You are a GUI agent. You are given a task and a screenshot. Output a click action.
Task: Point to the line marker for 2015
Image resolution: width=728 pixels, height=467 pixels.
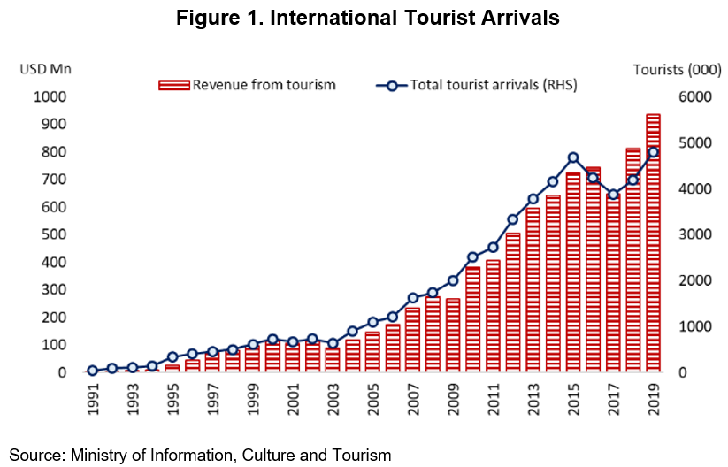(572, 157)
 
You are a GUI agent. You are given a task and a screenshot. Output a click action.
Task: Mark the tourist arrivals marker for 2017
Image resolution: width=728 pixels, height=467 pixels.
(613, 195)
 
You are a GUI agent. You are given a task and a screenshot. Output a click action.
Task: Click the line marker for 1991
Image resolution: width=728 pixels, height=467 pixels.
(92, 371)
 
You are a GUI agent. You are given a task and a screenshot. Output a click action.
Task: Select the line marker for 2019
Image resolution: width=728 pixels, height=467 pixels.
(653, 152)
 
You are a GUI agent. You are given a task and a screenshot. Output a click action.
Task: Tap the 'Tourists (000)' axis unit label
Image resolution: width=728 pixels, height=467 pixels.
(671, 69)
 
